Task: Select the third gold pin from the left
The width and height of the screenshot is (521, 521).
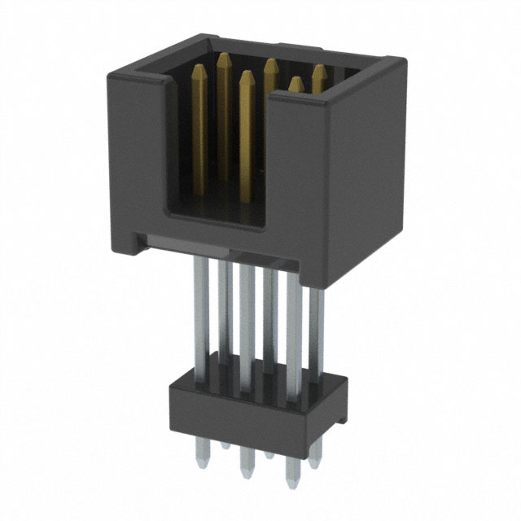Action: (245, 122)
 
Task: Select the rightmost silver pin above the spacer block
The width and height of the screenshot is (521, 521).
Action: (317, 326)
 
